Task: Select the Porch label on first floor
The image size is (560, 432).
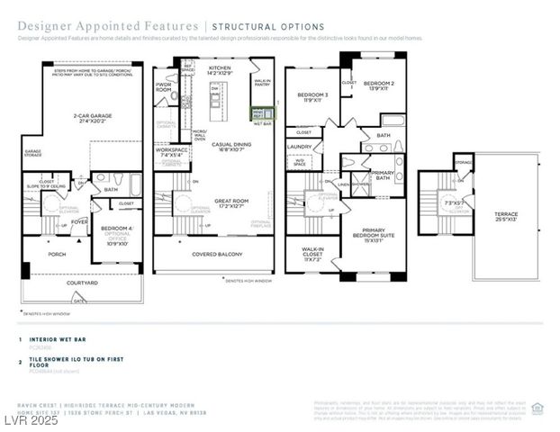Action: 57,255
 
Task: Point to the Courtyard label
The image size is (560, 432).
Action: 82,283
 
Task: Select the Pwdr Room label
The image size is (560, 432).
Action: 164,88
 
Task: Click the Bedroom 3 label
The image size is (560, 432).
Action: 314,97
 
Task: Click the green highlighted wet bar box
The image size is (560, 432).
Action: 257,112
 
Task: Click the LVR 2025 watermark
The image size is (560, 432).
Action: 30,420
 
